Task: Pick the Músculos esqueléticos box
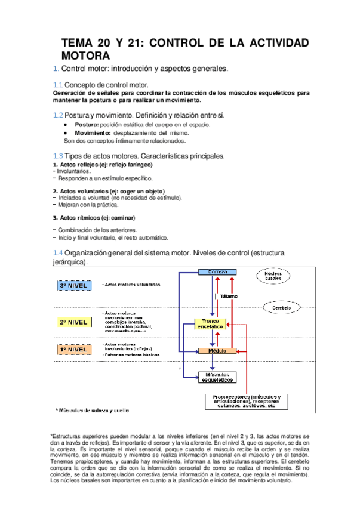pyautogui.click(x=216, y=377)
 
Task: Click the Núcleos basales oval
pyautogui.click(x=273, y=276)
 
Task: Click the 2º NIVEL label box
pyautogui.click(x=73, y=323)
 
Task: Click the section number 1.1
pyautogui.click(x=57, y=85)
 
